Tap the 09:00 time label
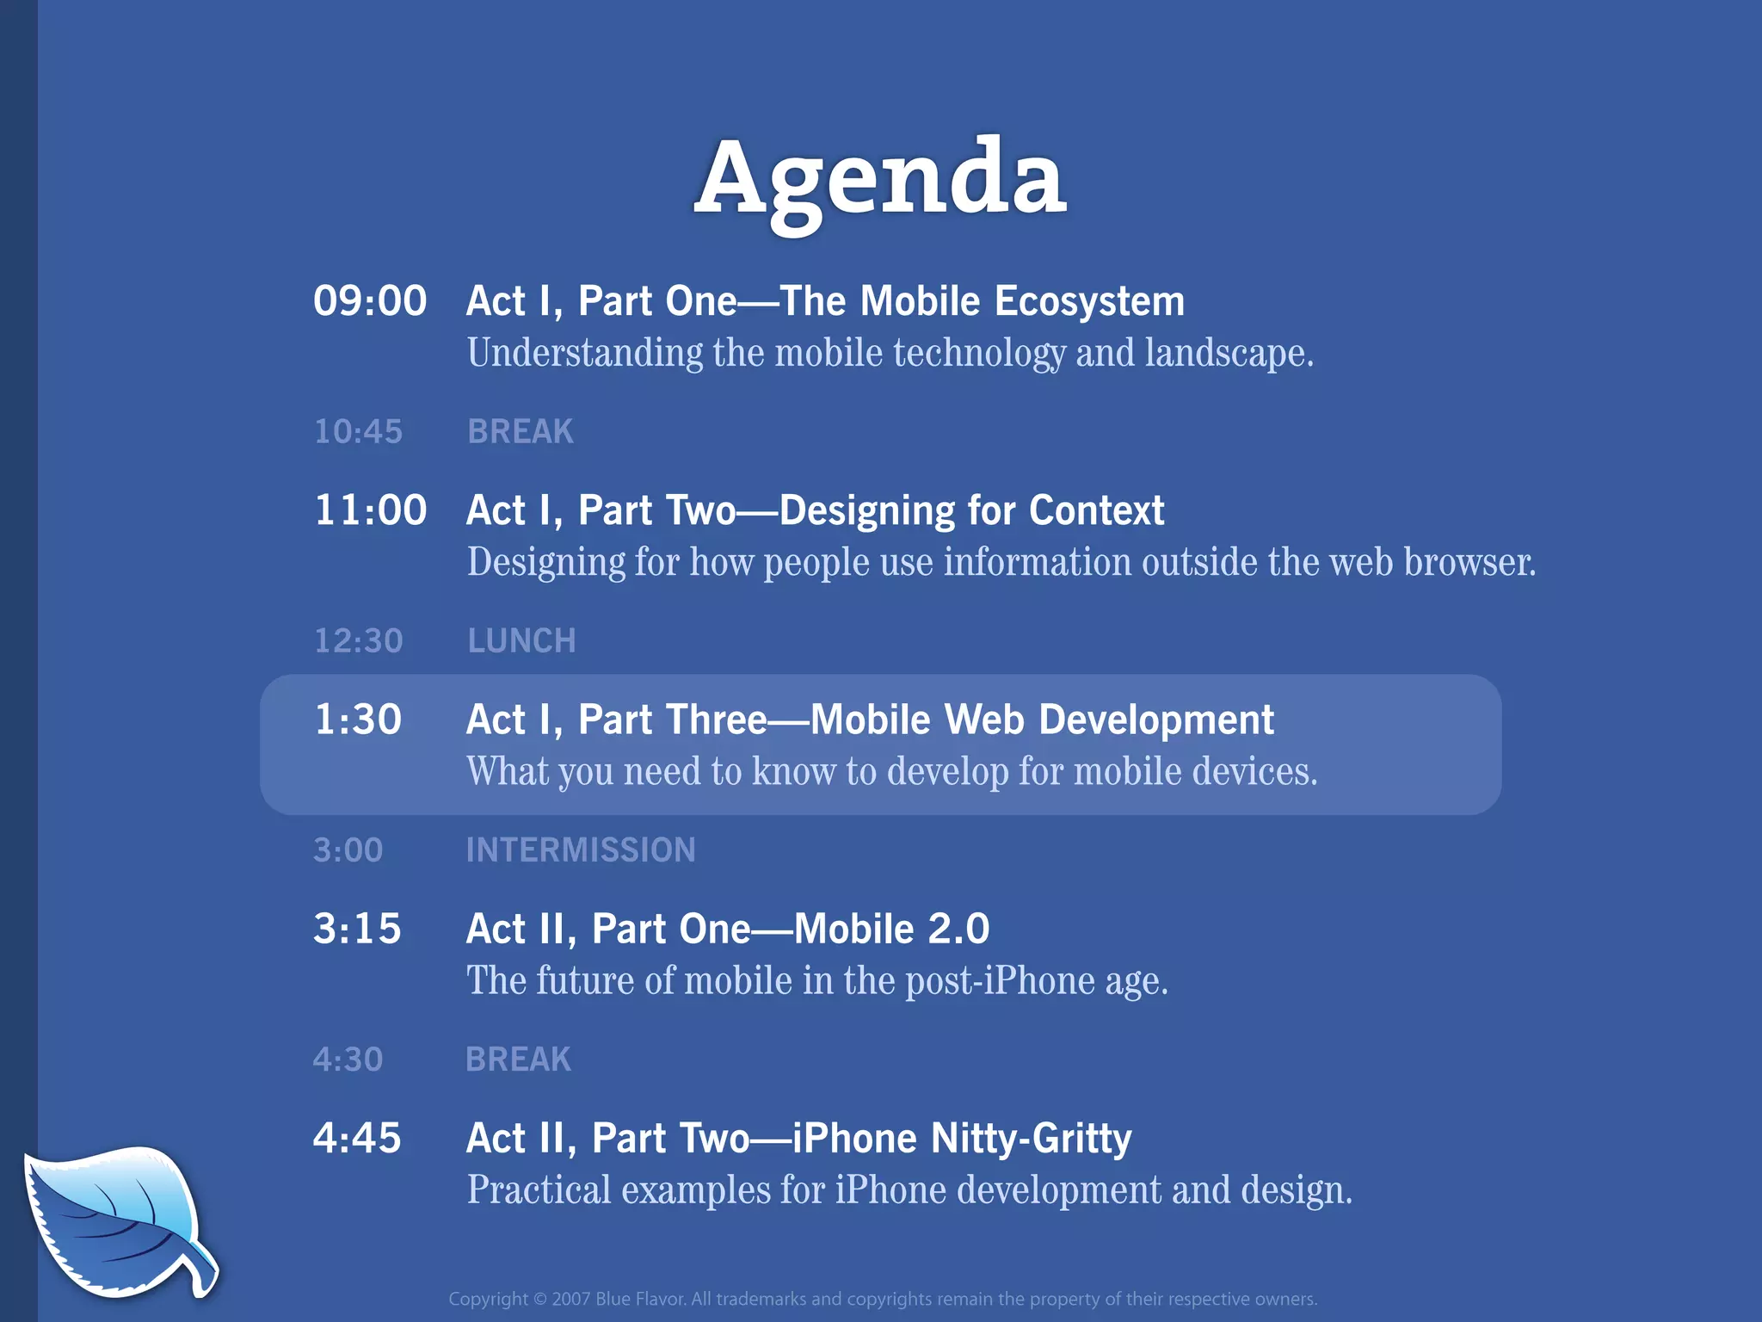pos(370,301)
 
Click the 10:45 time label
pos(358,431)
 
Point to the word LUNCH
pos(521,640)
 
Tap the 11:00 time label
pos(370,510)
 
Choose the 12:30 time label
pos(358,640)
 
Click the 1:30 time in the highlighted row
pos(358,720)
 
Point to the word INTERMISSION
pos(581,850)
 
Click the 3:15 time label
pos(357,929)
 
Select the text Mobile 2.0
pos(891,929)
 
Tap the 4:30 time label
pos(348,1059)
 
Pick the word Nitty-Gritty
pos(1031,1138)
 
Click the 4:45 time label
pos(357,1138)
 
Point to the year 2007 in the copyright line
pos(570,1299)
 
